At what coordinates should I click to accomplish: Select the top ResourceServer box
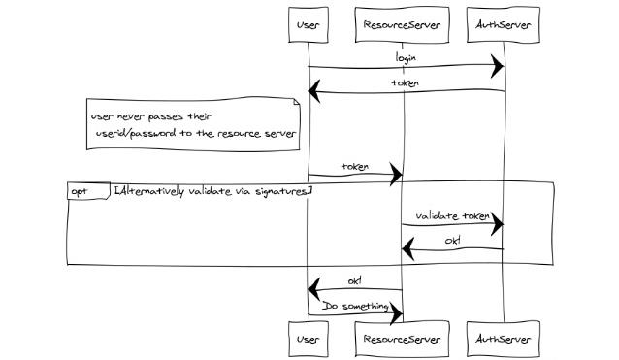[x=403, y=24]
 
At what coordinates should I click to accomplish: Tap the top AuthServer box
[x=504, y=24]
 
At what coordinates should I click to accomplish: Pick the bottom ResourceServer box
[x=403, y=340]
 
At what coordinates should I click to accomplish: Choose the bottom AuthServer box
[x=504, y=340]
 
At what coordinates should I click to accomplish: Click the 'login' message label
[x=406, y=57]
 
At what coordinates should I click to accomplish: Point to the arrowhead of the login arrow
[x=497, y=67]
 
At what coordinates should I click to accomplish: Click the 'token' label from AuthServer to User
[x=406, y=82]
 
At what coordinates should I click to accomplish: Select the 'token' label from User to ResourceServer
[x=355, y=166]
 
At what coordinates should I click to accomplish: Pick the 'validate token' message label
[x=453, y=215]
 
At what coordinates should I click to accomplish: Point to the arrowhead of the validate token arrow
[x=497, y=225]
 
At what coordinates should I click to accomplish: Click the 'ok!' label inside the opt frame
[x=453, y=240]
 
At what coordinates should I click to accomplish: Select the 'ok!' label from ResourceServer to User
[x=355, y=280]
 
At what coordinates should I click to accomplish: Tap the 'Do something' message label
[x=355, y=306]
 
